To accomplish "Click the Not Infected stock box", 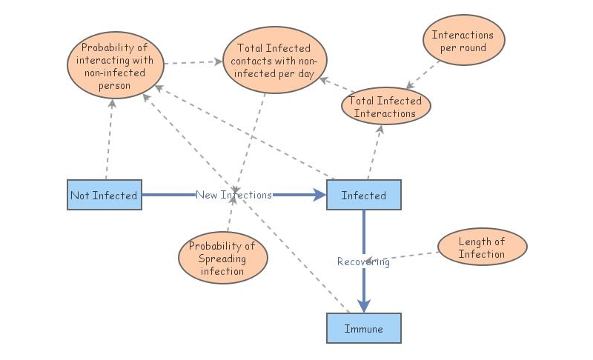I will [x=104, y=195].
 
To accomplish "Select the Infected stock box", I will [x=363, y=195].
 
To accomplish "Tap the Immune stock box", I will [x=363, y=328].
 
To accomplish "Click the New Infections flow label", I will [x=233, y=195].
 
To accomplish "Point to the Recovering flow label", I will [x=363, y=261].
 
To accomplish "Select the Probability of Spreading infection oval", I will [x=222, y=258].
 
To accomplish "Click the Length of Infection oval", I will [x=482, y=247].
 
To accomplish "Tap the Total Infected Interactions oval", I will [x=385, y=107].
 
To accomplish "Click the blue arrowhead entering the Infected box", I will [x=319, y=195].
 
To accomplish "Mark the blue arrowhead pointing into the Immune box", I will [x=363, y=305].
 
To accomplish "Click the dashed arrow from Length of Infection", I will [x=415, y=256].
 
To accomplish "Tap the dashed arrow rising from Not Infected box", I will [x=108, y=141].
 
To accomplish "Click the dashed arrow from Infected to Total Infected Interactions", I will [x=375, y=152].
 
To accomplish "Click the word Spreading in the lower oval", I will [x=222, y=258].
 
